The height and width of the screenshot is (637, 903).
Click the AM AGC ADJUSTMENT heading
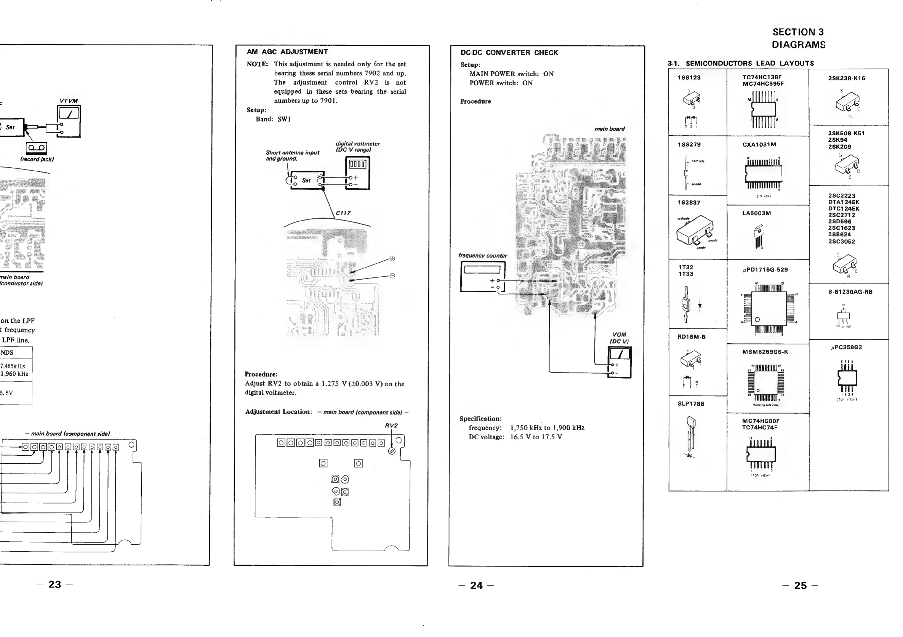pyautogui.click(x=287, y=52)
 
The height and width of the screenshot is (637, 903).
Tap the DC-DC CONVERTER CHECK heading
pyautogui.click(x=509, y=53)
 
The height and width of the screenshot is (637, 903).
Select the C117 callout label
pyautogui.click(x=343, y=213)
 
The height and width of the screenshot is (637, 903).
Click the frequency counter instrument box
pyautogui.click(x=483, y=277)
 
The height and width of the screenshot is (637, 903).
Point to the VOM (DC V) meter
pyautogui.click(x=620, y=362)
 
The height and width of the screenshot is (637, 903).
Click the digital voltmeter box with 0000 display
pyautogui.click(x=357, y=173)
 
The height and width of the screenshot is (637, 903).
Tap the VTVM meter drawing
pyautogui.click(x=69, y=122)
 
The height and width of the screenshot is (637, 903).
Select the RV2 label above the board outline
pyautogui.click(x=391, y=426)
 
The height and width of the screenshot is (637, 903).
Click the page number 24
pyautogui.click(x=476, y=586)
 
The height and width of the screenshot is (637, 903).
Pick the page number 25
pyautogui.click(x=801, y=586)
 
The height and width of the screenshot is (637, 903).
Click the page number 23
pyautogui.click(x=54, y=584)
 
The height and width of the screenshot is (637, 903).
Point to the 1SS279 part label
pyautogui.click(x=689, y=145)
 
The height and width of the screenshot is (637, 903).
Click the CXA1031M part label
pyautogui.click(x=759, y=145)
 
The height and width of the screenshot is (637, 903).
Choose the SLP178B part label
pyautogui.click(x=691, y=404)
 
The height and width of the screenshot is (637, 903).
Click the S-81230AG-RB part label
pyautogui.click(x=850, y=292)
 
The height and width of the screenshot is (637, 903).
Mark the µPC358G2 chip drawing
pyautogui.click(x=847, y=378)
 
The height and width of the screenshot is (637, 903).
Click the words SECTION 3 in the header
pyautogui.click(x=798, y=32)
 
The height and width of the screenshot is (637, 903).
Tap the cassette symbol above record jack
pyautogui.click(x=37, y=148)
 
